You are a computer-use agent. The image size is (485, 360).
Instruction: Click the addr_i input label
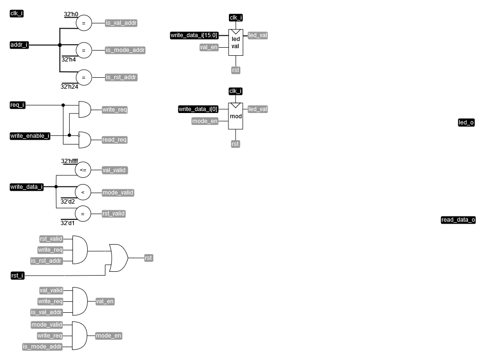pos(20,45)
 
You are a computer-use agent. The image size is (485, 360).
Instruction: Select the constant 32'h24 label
pos(69,86)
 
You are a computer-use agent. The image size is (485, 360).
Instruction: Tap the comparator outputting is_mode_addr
pos(83,50)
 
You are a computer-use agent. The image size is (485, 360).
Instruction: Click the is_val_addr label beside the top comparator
pos(121,22)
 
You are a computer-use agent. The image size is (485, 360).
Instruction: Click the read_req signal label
pos(114,140)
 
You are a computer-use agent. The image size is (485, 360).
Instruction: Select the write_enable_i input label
pos(30,136)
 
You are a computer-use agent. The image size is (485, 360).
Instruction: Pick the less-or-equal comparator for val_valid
pos(83,170)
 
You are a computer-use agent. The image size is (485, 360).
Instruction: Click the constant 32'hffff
pos(70,161)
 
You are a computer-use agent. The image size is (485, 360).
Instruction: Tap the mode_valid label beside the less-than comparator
pos(118,193)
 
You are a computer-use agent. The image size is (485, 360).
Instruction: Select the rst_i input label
pos(17,276)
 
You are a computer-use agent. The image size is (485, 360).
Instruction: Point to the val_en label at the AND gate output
pos(105,301)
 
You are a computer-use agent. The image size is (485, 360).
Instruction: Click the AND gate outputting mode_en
pos(79,335)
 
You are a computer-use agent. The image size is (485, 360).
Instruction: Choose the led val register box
pos(236,42)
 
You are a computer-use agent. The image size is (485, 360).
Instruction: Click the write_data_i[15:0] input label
pos(194,35)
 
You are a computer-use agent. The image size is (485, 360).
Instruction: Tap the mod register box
pos(236,116)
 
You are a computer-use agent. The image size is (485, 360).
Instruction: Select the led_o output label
pos(466,123)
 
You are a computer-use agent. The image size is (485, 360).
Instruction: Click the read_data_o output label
pos(458,220)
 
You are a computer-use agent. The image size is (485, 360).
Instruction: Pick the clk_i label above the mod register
pos(236,91)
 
